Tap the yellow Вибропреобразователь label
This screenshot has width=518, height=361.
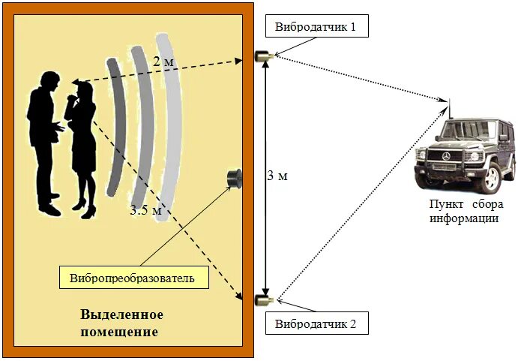point(132,278)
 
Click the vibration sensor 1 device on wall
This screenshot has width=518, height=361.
point(264,56)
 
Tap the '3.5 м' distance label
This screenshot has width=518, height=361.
point(145,210)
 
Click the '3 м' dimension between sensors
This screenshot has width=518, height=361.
point(277,176)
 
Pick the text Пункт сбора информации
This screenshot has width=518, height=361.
point(464,212)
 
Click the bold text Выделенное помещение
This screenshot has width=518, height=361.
point(121,322)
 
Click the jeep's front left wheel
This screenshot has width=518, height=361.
point(491,179)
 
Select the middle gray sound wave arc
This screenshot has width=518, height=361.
point(142,120)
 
